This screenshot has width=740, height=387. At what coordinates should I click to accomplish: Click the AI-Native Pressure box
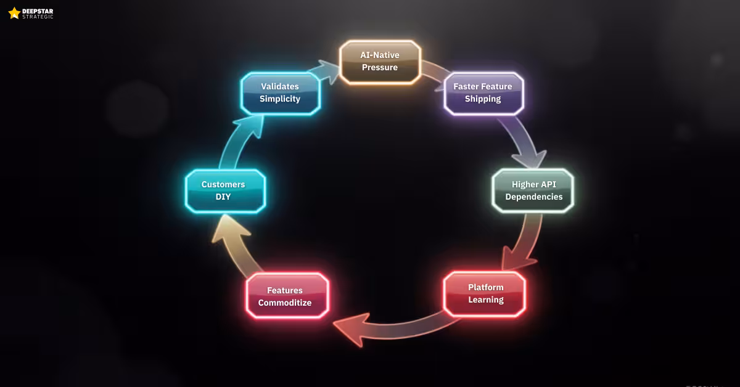pyautogui.click(x=380, y=62)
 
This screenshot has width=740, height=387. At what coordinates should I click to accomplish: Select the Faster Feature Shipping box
pyautogui.click(x=483, y=93)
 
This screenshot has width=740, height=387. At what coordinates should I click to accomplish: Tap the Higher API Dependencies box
pyautogui.click(x=533, y=190)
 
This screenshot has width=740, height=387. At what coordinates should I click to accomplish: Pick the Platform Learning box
pyautogui.click(x=485, y=293)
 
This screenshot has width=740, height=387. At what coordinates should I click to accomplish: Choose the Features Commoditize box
pyautogui.click(x=287, y=296)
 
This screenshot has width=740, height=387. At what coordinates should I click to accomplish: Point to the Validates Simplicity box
pyautogui.click(x=280, y=93)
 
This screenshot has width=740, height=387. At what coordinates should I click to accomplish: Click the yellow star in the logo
pyautogui.click(x=14, y=13)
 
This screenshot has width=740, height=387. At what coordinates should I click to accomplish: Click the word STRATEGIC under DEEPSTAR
pyautogui.click(x=38, y=17)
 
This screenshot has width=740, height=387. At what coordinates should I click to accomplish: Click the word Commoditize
pyautogui.click(x=285, y=303)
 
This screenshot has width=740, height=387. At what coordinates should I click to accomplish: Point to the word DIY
pyautogui.click(x=223, y=197)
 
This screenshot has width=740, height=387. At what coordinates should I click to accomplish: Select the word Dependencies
pyautogui.click(x=534, y=197)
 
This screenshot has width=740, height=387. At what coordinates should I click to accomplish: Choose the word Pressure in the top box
pyautogui.click(x=380, y=67)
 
